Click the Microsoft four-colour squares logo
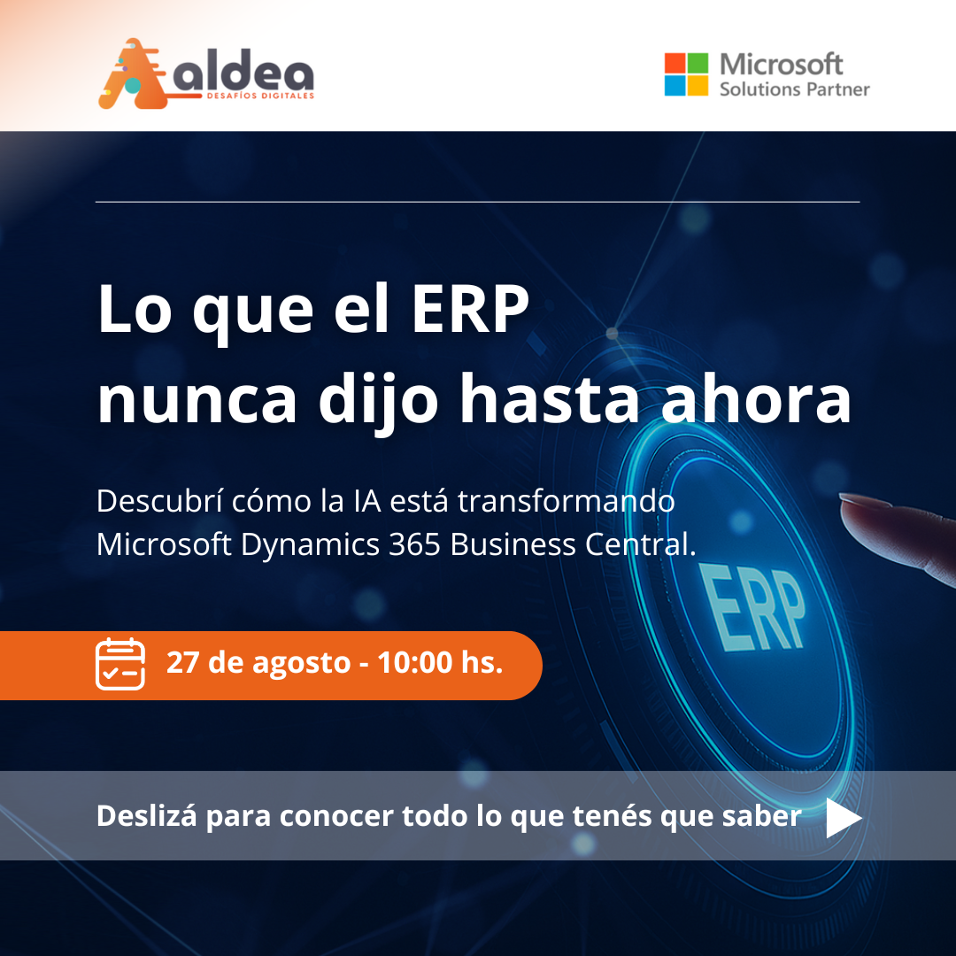(686, 74)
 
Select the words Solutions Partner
(794, 89)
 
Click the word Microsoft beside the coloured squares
(781, 64)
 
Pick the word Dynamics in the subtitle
(311, 545)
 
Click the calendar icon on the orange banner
(120, 664)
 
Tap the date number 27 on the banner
(183, 662)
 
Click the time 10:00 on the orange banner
(414, 662)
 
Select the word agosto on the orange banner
(301, 665)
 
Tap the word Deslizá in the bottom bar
(146, 815)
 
